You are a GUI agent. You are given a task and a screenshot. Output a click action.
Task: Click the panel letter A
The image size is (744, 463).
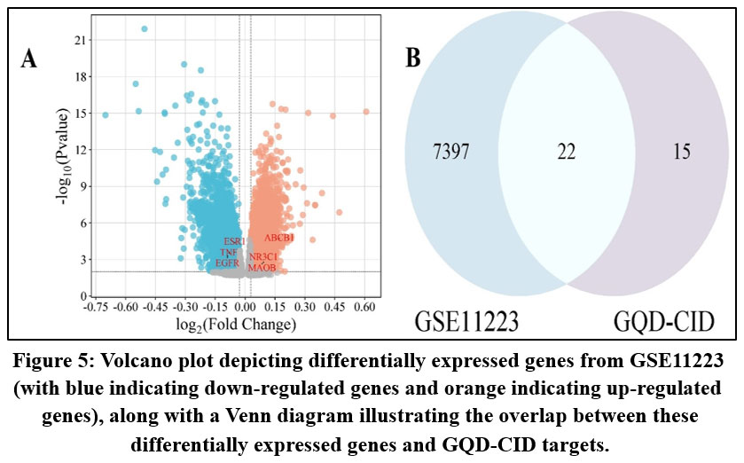pyautogui.click(x=29, y=59)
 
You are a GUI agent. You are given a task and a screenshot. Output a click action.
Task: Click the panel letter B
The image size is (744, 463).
pyautogui.click(x=413, y=59)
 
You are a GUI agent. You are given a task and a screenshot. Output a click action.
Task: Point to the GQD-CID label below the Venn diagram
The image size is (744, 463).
pyautogui.click(x=663, y=319)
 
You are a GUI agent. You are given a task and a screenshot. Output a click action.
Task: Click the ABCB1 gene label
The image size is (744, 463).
pyautogui.click(x=279, y=238)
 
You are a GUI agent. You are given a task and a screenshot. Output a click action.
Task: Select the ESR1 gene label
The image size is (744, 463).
pyautogui.click(x=235, y=241)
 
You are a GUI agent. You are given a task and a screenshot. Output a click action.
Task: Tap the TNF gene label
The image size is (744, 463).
pyautogui.click(x=229, y=253)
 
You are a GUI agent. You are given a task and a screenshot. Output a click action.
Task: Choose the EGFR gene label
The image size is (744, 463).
pyautogui.click(x=228, y=263)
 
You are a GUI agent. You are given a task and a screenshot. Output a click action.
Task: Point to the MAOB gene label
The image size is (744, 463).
pyautogui.click(x=262, y=267)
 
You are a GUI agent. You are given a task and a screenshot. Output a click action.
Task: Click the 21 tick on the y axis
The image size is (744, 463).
pyautogui.click(x=80, y=41)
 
